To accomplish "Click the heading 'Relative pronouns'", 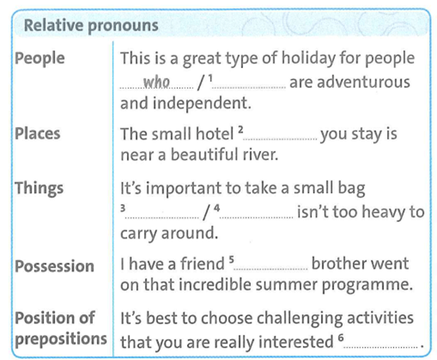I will [91, 25].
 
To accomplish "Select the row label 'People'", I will [40, 59].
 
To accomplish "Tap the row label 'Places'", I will [38, 133].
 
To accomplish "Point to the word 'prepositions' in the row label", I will [61, 339].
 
